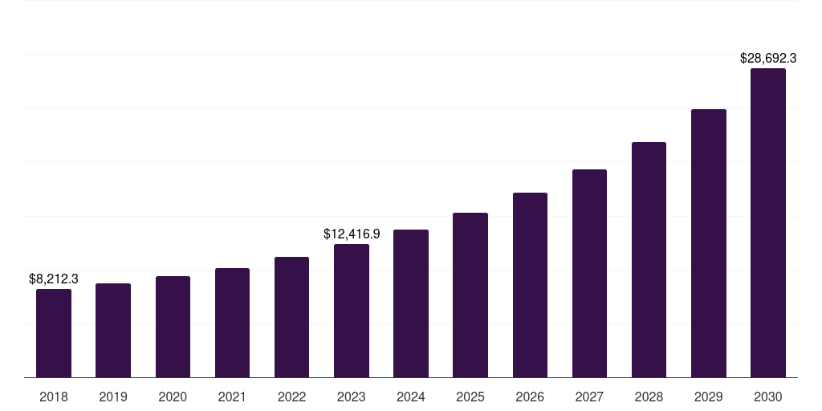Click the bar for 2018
(54, 333)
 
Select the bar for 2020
(173, 327)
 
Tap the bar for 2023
(352, 311)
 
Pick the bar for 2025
(470, 295)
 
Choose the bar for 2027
(589, 273)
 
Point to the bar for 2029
(708, 243)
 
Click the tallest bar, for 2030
(767, 222)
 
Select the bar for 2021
(232, 323)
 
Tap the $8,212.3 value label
(54, 279)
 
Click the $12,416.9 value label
(352, 234)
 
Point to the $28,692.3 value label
(767, 59)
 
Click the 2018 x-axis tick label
(54, 397)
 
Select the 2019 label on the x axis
(113, 397)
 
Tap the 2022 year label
(291, 397)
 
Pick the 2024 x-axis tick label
(411, 397)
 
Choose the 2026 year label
(530, 397)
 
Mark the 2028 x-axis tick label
(649, 397)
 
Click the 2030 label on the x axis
(767, 397)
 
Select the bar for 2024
(411, 303)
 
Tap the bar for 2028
(649, 259)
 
